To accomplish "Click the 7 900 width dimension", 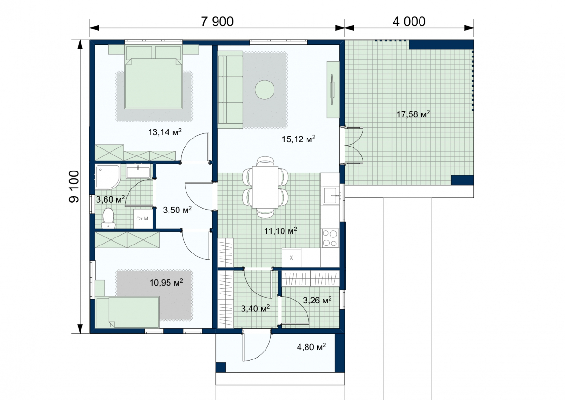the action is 217,22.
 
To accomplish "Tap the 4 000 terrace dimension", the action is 409,22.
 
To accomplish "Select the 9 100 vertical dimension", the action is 74,187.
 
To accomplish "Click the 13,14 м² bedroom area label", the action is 165,132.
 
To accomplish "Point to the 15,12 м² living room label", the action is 299,139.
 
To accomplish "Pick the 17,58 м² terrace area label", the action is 413,114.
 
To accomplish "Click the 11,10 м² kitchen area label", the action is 281,231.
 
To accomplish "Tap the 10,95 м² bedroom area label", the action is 166,282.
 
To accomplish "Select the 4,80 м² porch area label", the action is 311,347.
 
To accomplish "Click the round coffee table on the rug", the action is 264,90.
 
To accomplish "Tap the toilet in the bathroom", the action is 108,218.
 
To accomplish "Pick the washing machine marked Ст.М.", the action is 143,219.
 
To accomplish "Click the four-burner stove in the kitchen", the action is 331,238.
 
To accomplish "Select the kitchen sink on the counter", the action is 331,196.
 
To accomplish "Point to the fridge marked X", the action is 291,257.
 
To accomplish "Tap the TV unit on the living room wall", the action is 333,90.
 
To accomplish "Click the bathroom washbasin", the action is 138,171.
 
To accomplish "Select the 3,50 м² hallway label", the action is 177,210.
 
